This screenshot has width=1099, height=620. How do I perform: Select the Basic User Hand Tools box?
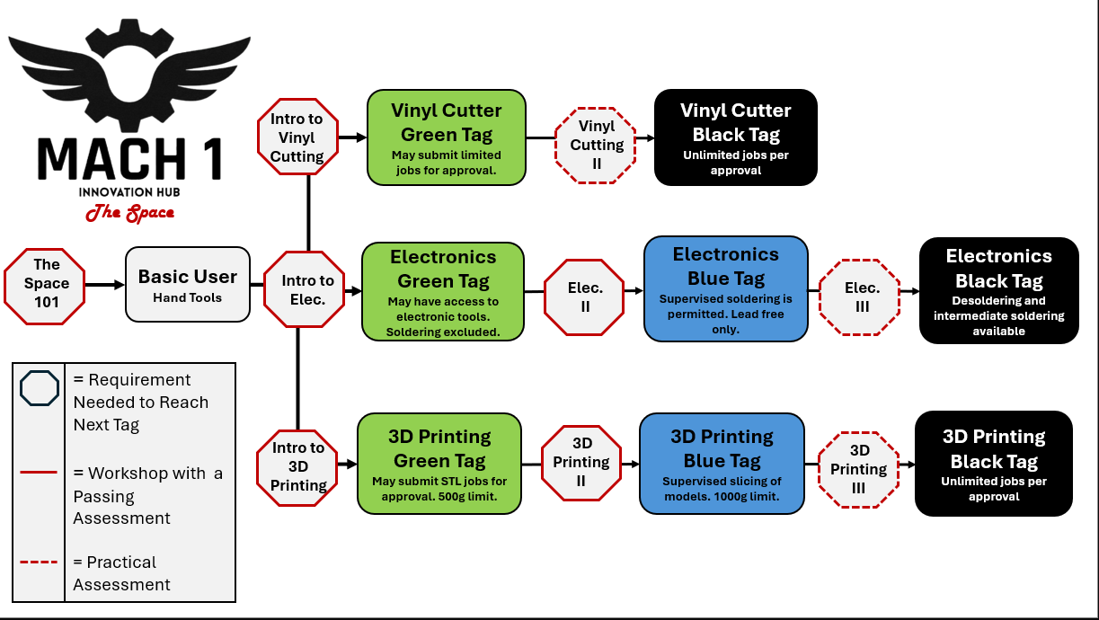[x=187, y=284]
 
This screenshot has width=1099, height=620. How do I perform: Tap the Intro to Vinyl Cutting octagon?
[x=297, y=137]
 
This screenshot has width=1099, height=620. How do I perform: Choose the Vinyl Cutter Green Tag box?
[x=446, y=137]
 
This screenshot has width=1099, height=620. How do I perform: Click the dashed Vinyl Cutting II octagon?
[x=596, y=145]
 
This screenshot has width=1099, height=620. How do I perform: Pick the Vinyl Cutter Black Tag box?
[x=735, y=137]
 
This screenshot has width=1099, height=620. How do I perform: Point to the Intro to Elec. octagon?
[x=307, y=290]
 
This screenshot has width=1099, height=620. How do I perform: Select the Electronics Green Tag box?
[x=443, y=291]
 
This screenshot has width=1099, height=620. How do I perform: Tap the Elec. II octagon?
[x=584, y=298]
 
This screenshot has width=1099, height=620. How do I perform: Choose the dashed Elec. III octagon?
[x=861, y=298]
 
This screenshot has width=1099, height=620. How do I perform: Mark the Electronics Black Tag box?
[x=997, y=290]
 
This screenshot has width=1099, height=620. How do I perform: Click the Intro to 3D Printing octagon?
[x=298, y=466]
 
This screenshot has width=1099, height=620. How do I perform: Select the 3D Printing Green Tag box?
[x=439, y=463]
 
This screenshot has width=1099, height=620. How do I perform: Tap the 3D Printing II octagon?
[x=581, y=462]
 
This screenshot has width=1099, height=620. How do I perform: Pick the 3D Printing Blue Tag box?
[x=722, y=463]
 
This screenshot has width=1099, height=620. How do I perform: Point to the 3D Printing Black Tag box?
[x=993, y=463]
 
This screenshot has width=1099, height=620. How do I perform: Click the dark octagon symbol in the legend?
[x=40, y=390]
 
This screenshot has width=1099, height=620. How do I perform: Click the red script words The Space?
[x=129, y=213]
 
